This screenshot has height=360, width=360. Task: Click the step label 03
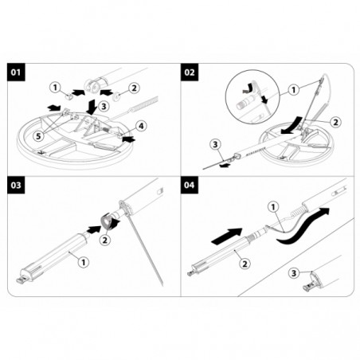tap(15, 188)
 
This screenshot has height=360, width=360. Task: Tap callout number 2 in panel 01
tap(132, 88)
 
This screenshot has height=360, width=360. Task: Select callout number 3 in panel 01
tap(103, 104)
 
